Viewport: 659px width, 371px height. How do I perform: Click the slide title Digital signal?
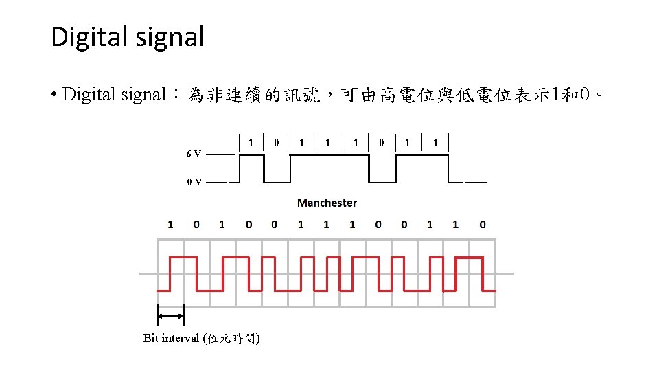tap(128, 36)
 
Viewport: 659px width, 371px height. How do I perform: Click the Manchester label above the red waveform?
tap(327, 203)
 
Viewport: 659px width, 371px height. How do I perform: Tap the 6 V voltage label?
tap(194, 155)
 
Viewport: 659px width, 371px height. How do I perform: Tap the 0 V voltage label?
tap(194, 182)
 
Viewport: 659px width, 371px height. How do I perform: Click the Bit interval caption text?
tap(201, 338)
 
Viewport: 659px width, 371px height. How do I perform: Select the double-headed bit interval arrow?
tap(170, 316)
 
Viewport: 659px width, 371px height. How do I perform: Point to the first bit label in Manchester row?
tap(170, 224)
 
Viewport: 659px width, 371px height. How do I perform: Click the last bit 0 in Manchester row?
tap(483, 224)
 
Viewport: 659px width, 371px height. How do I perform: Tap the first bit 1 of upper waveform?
tap(251, 142)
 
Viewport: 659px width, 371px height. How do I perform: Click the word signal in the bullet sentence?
tap(141, 95)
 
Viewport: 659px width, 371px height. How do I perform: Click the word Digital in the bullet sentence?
tap(89, 95)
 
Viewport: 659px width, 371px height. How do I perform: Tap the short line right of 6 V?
tap(220, 155)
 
